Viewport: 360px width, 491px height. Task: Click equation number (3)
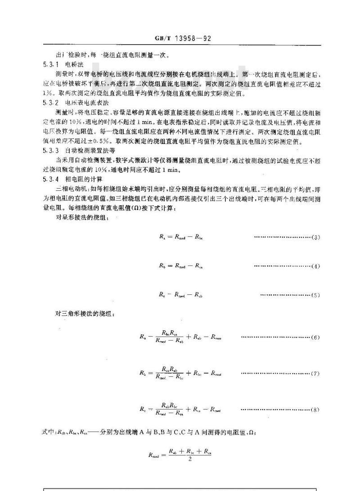pyautogui.click(x=315, y=237)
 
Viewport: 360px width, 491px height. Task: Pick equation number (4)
pyautogui.click(x=315, y=266)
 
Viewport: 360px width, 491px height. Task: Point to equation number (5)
pyautogui.click(x=315, y=295)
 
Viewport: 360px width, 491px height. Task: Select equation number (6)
pyautogui.click(x=315, y=337)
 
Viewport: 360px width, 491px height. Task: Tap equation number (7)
pyautogui.click(x=315, y=374)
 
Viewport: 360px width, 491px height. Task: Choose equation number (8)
pyautogui.click(x=315, y=410)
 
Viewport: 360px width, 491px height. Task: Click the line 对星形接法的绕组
pyautogui.click(x=79, y=217)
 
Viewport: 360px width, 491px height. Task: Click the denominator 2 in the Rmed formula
pyautogui.click(x=186, y=458)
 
